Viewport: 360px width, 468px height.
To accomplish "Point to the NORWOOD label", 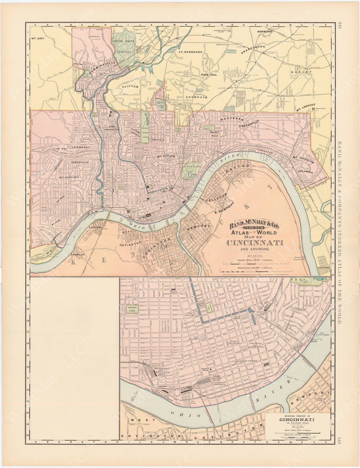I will click(x=265, y=32).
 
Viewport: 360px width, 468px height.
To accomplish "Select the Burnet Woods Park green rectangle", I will click(x=145, y=128).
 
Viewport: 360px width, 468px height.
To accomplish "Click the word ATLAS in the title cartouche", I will click(x=239, y=232).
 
